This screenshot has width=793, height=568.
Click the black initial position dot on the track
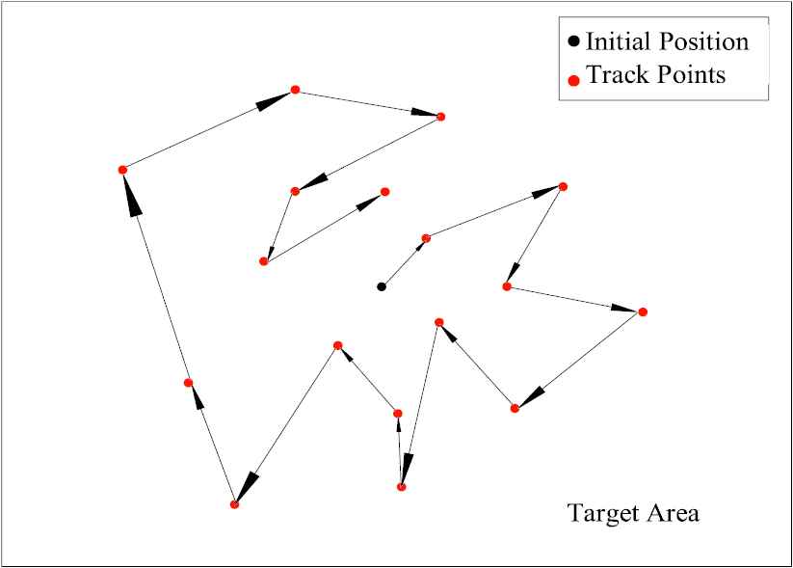[382, 286]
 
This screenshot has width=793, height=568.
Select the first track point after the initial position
[426, 237]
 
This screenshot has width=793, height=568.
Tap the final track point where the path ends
[384, 191]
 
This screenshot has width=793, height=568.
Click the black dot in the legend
[573, 41]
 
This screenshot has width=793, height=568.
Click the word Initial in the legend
[616, 41]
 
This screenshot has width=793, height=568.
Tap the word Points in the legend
[685, 74]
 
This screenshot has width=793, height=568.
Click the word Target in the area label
[599, 513]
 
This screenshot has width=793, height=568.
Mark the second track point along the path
[563, 186]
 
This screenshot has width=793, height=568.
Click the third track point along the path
[506, 286]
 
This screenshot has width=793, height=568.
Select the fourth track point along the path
[643, 311]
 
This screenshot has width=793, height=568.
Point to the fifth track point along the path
[515, 409]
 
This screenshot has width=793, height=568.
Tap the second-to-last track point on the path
[264, 261]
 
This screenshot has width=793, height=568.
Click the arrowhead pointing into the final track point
[370, 200]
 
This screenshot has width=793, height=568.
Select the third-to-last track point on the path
[295, 191]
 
